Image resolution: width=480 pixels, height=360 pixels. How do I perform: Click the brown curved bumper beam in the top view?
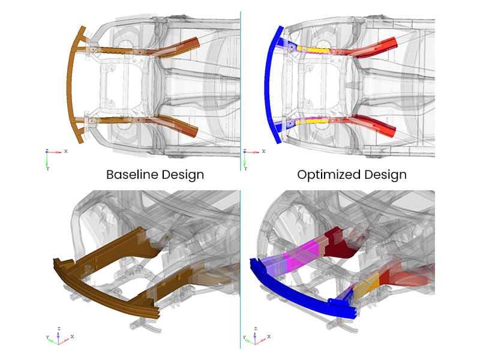click(x=71, y=85)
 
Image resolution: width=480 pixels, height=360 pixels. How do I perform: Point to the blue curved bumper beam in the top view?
click(x=269, y=85)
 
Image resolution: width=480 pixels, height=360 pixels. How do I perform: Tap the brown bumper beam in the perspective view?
click(x=104, y=291)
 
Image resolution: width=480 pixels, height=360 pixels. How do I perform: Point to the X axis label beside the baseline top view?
click(x=66, y=151)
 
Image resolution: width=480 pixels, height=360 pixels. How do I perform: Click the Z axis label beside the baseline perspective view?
click(x=59, y=329)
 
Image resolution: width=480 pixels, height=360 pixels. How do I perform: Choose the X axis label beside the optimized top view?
click(x=264, y=151)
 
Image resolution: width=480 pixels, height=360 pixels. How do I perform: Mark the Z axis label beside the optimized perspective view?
click(x=256, y=329)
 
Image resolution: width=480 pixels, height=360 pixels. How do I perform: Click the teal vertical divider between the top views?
click(x=241, y=91)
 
